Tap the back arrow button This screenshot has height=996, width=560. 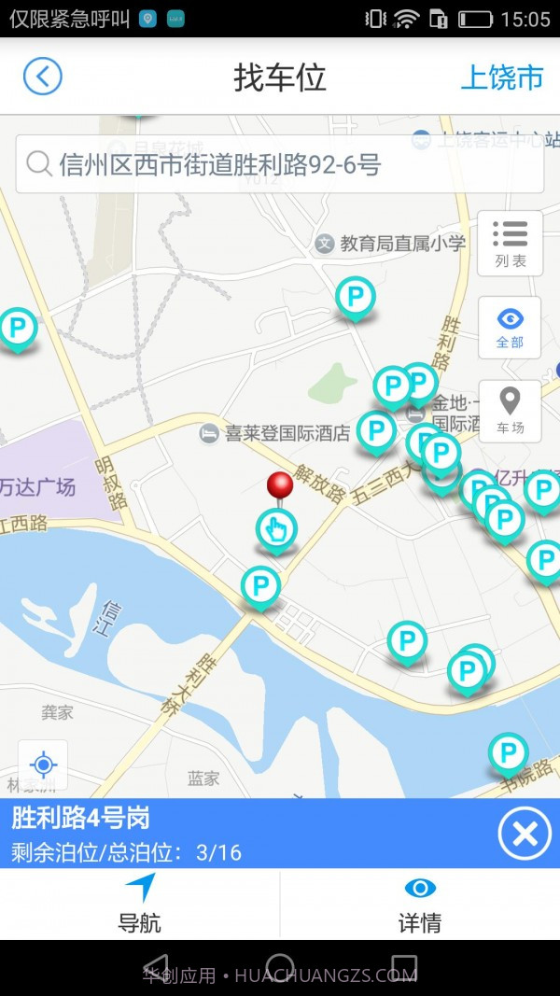point(43,76)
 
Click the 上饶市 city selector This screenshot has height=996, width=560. point(501,77)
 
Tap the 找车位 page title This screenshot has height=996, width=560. point(279,77)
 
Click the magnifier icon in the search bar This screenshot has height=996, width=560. point(38,164)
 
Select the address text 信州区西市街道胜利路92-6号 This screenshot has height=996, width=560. point(220,165)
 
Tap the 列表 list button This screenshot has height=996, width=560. point(510,243)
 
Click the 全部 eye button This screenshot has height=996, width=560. point(510,327)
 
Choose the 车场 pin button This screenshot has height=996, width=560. point(510,411)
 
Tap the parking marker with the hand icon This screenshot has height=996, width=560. point(276,529)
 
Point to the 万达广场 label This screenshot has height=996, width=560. point(37,486)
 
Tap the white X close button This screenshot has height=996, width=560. point(525,834)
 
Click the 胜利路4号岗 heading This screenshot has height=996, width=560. point(80,819)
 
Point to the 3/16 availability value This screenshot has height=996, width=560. point(218,852)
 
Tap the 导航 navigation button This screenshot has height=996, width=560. point(139,905)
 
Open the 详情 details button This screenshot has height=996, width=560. point(419,905)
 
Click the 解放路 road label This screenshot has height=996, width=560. point(320,483)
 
